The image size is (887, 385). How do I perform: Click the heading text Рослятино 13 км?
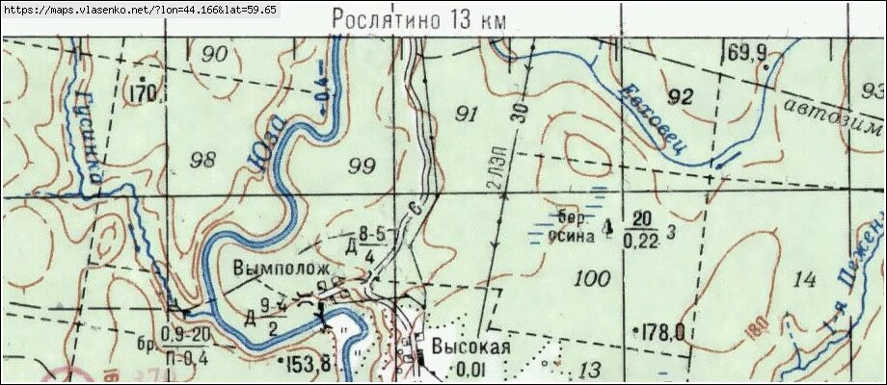pyautogui.click(x=417, y=18)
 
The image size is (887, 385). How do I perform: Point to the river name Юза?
pyautogui.click(x=273, y=141)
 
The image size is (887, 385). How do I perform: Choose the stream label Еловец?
pyautogui.click(x=655, y=119)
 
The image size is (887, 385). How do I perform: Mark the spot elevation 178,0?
pyautogui.click(x=664, y=332)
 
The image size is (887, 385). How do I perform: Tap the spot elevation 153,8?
pyautogui.click(x=309, y=363)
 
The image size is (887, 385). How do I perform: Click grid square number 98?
pyautogui.click(x=203, y=159)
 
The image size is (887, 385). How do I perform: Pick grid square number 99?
pyautogui.click(x=361, y=167)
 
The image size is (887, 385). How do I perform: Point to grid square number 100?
pyautogui.click(x=590, y=279)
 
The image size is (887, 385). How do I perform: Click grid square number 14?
pyautogui.click(x=804, y=280)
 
